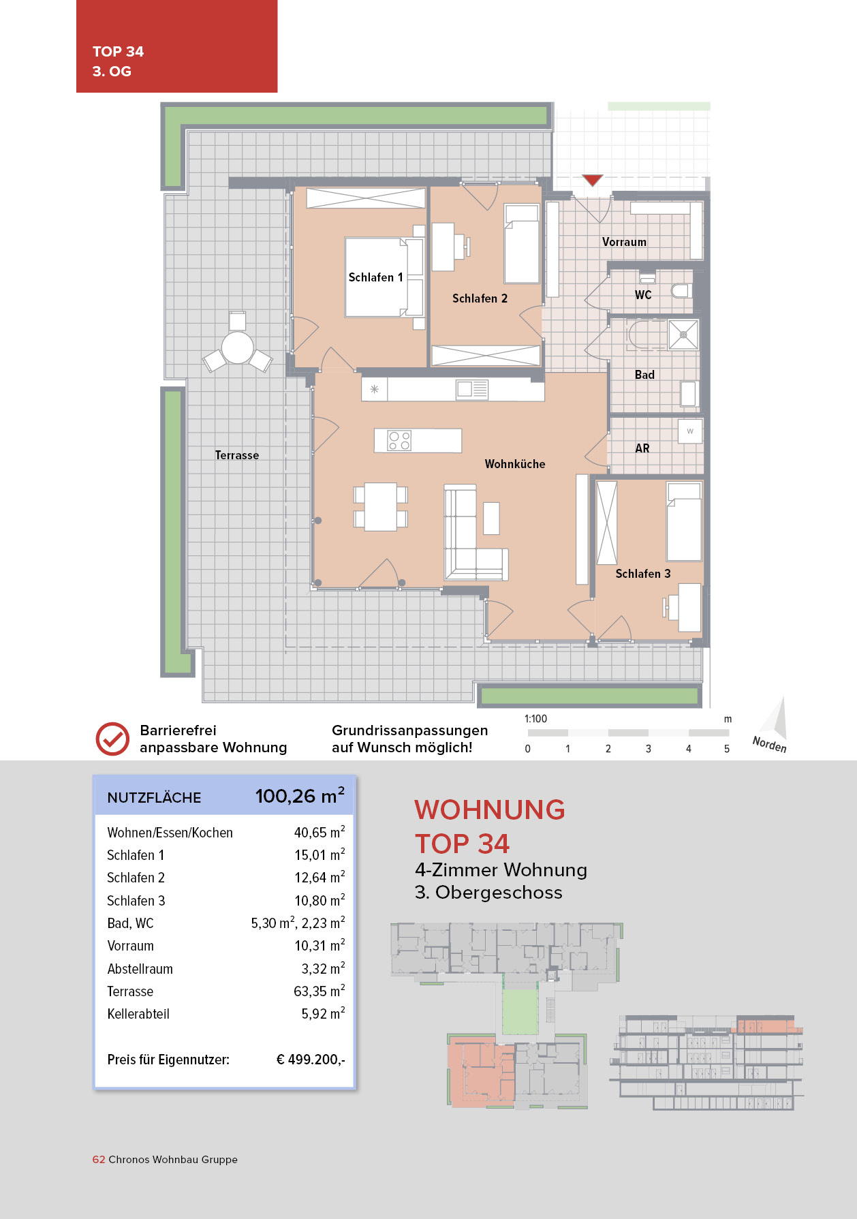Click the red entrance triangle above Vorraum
593,180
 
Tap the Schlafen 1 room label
375,277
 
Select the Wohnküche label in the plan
515,464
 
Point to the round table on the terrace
237,347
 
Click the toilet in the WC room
681,291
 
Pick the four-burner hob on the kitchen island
399,440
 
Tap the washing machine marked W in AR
690,431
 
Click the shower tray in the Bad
683,335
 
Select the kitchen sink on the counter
472,389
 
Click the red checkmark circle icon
112,739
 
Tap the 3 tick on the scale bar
649,749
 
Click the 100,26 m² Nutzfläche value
300,796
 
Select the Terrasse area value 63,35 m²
320,991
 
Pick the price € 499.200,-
311,1060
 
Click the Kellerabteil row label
138,1014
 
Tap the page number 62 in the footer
99,1160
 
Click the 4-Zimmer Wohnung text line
501,870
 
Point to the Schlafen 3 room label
643,574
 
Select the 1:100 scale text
535,719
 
